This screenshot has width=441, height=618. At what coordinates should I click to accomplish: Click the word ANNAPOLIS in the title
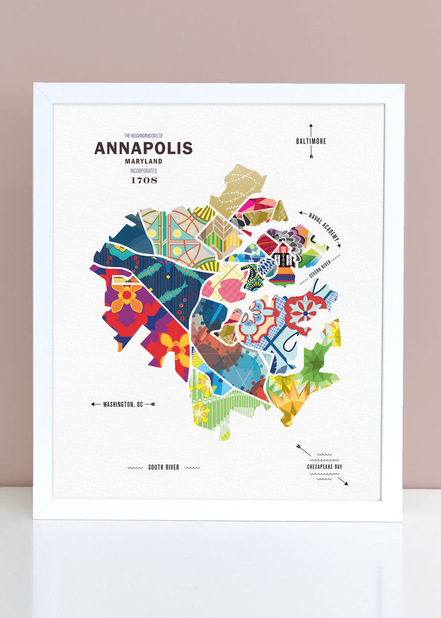point(143,148)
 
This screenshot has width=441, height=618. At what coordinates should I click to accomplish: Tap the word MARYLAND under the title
point(144,161)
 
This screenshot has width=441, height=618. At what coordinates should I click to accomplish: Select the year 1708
point(144,179)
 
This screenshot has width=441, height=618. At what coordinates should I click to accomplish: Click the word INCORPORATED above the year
point(144,170)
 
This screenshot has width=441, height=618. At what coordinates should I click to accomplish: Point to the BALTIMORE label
point(311,141)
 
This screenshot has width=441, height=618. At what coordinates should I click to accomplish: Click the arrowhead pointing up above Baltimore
point(311,126)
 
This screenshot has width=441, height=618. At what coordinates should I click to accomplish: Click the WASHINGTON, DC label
point(124,404)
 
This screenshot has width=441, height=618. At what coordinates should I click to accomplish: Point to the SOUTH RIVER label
point(163,467)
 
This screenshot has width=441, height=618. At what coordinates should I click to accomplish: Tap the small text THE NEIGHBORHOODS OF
point(144,136)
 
